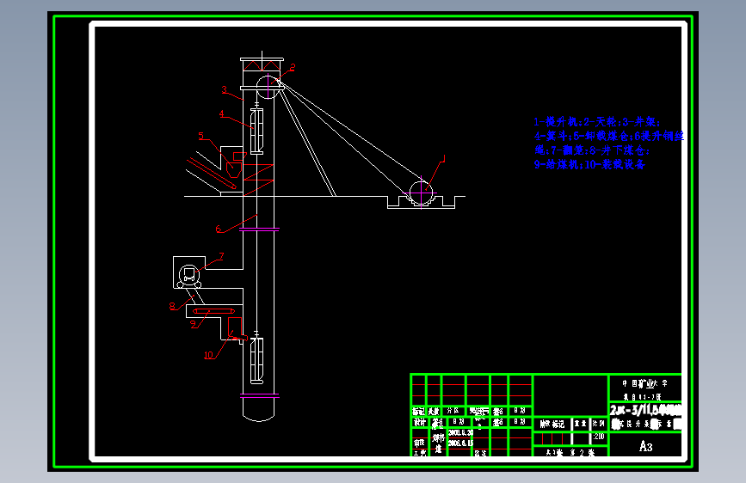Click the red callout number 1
[444, 157]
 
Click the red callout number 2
[292, 66]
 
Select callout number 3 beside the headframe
[224, 89]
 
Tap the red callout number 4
[221, 113]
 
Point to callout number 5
[200, 135]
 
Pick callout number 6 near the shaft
[219, 229]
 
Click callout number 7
[221, 255]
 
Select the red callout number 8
[172, 305]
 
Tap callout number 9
[194, 323]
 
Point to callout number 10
[209, 353]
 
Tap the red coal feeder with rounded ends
[213, 311]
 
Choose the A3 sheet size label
[645, 447]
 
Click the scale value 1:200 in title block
[599, 437]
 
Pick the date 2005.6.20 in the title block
[461, 432]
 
